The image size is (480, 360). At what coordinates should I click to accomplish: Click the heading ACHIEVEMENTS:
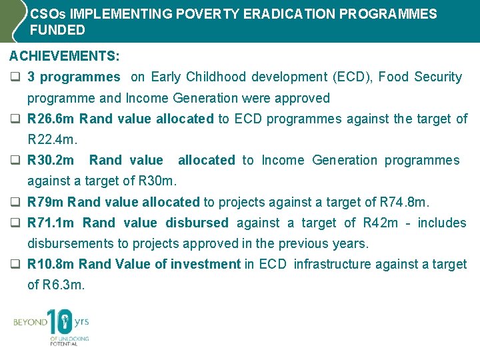pos(65,57)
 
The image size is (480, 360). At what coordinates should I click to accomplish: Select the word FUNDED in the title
pos(58,30)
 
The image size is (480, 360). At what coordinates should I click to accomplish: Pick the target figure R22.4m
pos(52,140)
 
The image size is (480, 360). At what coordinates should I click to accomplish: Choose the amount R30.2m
pos(51,161)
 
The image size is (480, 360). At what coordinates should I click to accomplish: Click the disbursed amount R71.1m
pos(51,223)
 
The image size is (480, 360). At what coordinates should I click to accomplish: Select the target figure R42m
pos(379,223)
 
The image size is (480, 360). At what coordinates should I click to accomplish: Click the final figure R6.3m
pos(65,285)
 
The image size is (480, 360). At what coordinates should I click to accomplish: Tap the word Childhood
pos(219,77)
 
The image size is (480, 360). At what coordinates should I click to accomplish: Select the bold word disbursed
pos(197,223)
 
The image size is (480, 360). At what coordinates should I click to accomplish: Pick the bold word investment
pos(205,265)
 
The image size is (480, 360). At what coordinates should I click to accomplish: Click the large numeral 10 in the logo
pos(59,323)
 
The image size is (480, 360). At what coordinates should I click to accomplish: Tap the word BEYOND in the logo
pos(30,323)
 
